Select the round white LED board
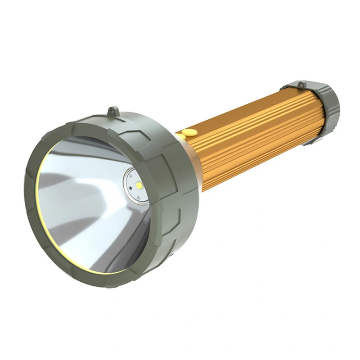tap(136, 185)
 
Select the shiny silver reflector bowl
tap(85, 198)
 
